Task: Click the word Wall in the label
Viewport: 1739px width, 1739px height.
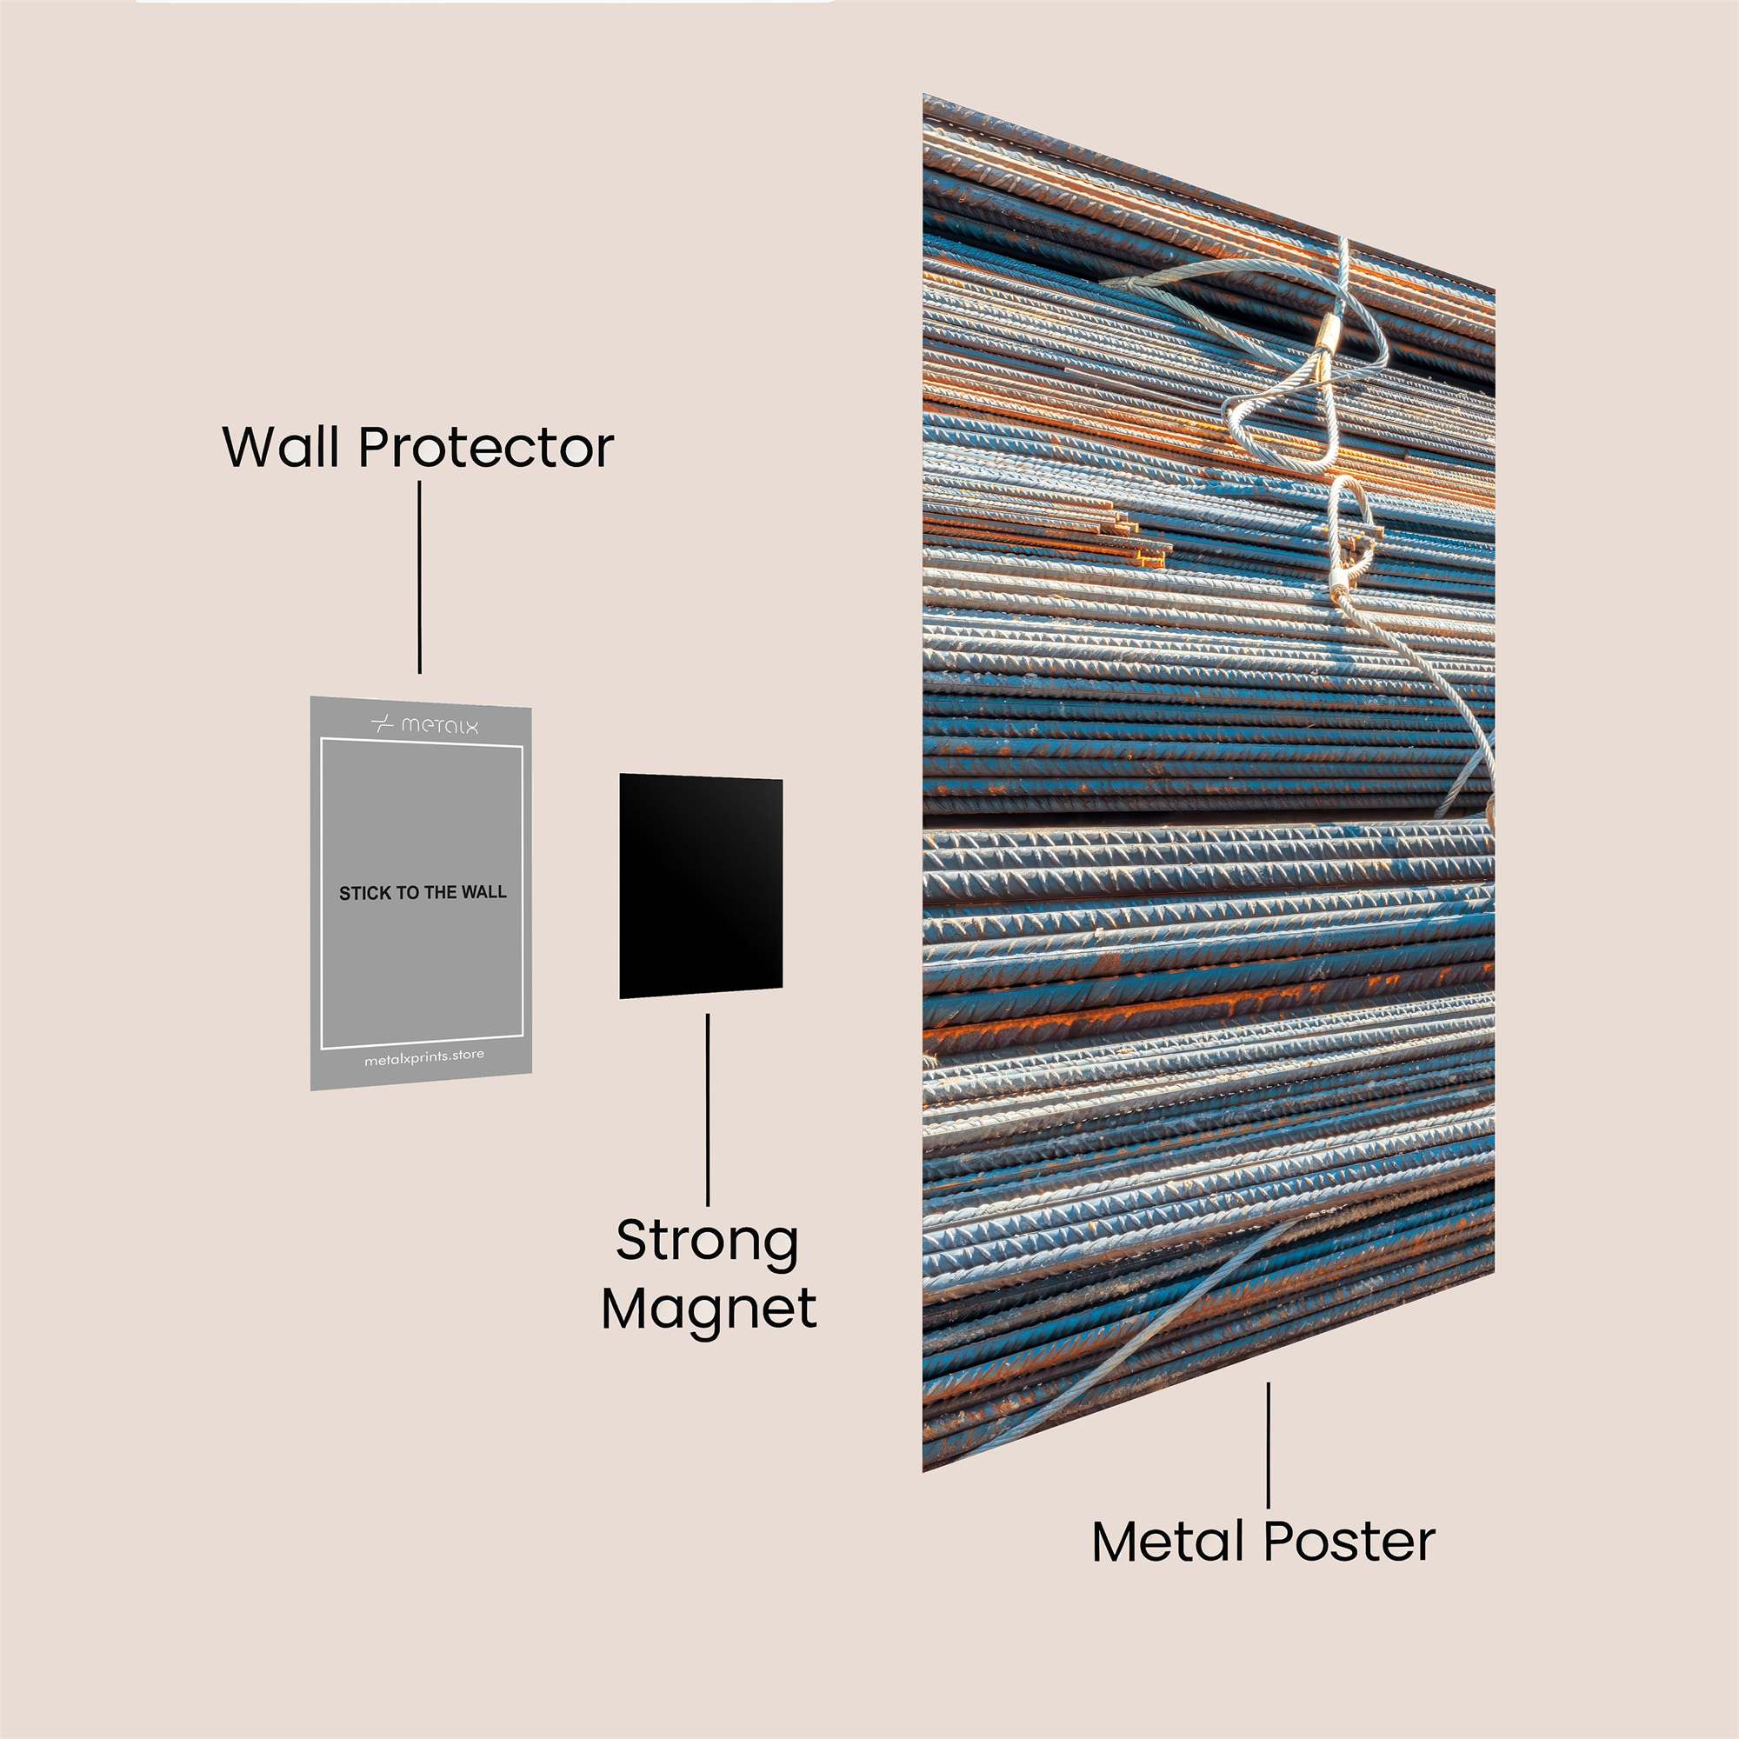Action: click(283, 446)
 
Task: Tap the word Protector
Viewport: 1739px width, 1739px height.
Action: click(486, 447)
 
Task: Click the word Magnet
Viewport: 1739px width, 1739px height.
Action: click(710, 1309)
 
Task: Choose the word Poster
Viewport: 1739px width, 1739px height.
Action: click(1349, 1541)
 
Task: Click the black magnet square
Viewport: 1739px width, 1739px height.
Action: click(700, 886)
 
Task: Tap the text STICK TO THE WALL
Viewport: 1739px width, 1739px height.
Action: click(423, 893)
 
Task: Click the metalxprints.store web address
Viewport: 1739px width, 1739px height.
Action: click(424, 1056)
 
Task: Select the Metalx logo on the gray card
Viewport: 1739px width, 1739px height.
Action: click(424, 724)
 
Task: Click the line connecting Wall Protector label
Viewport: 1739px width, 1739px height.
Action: click(419, 577)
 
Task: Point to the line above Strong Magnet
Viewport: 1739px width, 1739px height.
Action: click(708, 1109)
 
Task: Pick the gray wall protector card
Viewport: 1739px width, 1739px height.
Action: click(421, 893)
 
